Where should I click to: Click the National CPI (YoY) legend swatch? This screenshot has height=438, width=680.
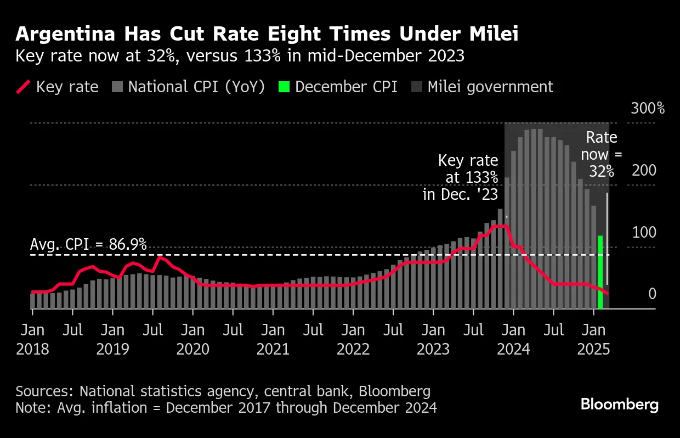(117, 87)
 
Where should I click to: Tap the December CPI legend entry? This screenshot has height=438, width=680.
(338, 87)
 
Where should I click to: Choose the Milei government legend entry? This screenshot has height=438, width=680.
(483, 87)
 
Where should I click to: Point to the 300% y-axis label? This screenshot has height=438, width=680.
(648, 108)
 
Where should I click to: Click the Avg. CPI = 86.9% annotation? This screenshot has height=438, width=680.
(88, 245)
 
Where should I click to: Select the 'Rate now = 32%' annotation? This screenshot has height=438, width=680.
(601, 154)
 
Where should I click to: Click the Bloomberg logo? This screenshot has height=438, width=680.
(620, 405)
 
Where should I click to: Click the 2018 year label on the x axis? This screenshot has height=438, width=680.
(32, 349)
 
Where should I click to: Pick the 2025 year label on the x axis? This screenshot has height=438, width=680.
(593, 349)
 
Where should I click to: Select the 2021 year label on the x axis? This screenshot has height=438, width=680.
(273, 349)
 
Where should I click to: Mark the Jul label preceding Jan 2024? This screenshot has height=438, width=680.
(473, 331)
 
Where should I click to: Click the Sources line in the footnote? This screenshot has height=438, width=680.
(223, 391)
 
